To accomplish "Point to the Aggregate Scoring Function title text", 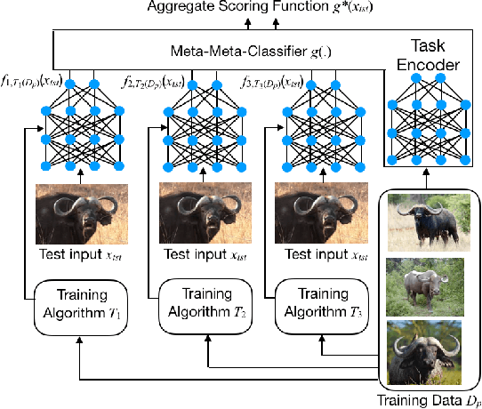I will pyautogui.click(x=240, y=9).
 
